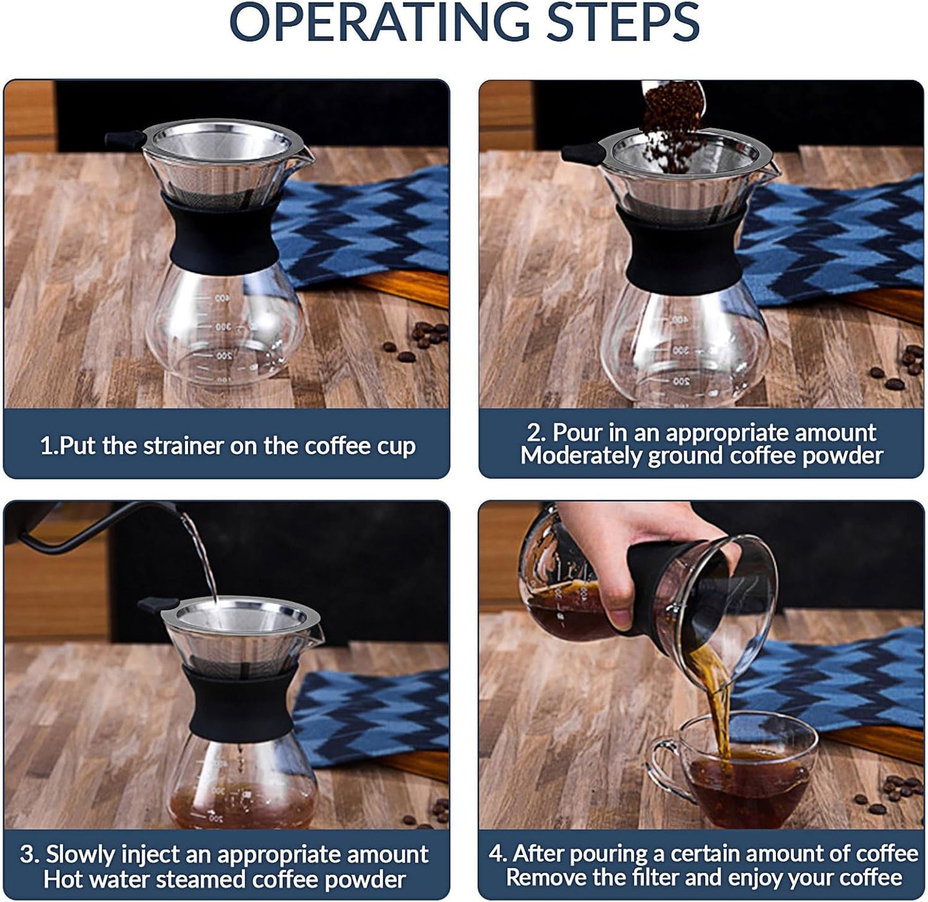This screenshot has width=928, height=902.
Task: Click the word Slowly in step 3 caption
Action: pyautogui.click(x=80, y=855)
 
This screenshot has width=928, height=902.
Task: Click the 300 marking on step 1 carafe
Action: pyautogui.click(x=222, y=327)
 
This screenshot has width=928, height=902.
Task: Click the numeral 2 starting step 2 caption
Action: pyautogui.click(x=532, y=433)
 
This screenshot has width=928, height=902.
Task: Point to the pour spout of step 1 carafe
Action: pyautogui.click(x=307, y=154)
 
